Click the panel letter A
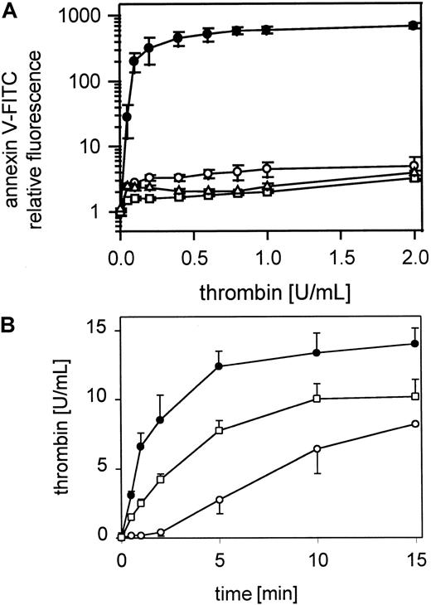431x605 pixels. [11, 9]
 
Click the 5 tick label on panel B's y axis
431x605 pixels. [104, 467]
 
